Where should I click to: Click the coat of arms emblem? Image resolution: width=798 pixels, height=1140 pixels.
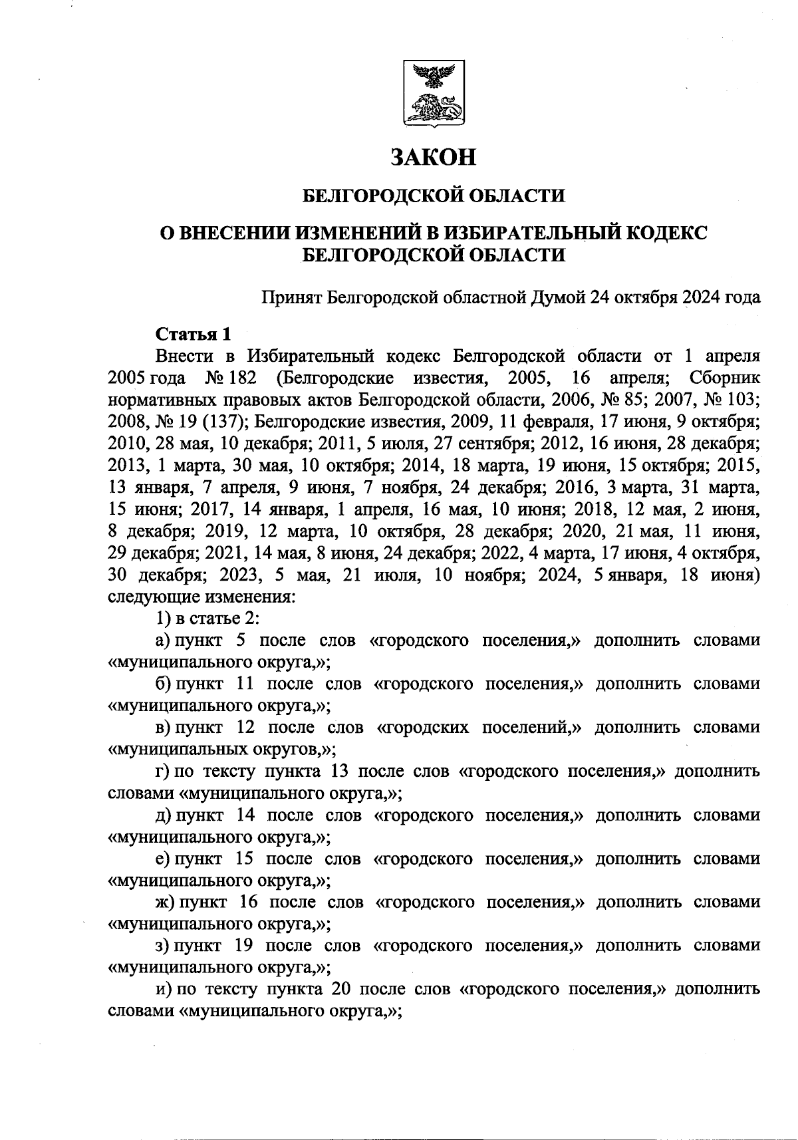click(x=434, y=93)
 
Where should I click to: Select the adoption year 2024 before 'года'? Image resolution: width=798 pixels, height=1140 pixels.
click(x=703, y=297)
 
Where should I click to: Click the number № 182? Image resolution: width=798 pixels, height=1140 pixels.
click(x=227, y=378)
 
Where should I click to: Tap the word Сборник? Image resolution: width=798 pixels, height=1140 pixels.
click(x=725, y=378)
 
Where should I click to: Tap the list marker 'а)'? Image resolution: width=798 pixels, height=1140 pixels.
click(x=164, y=641)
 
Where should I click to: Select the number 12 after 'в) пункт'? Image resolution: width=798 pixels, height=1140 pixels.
click(x=247, y=728)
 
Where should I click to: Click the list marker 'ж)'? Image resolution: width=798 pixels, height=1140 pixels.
click(x=165, y=902)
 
